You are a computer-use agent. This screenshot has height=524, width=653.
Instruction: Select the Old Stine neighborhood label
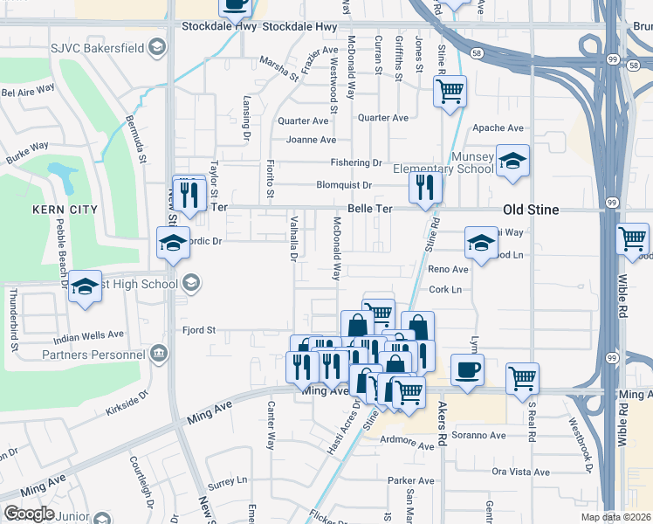(x=531, y=210)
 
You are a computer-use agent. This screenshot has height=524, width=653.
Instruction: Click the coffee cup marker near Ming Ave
(x=467, y=369)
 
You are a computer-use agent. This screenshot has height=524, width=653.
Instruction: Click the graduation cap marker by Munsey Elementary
(x=513, y=161)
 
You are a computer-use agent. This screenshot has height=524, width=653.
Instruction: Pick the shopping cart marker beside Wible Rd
(x=633, y=238)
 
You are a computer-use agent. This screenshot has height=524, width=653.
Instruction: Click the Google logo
(x=29, y=514)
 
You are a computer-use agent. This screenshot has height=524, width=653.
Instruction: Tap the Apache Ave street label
(x=496, y=128)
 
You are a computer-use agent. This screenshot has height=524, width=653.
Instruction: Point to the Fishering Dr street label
(x=355, y=163)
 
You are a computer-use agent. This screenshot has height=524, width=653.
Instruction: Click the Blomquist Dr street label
(x=344, y=185)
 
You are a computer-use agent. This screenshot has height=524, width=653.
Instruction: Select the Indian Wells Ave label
(x=89, y=334)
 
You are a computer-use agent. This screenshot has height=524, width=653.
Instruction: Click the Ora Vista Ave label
(x=520, y=472)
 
